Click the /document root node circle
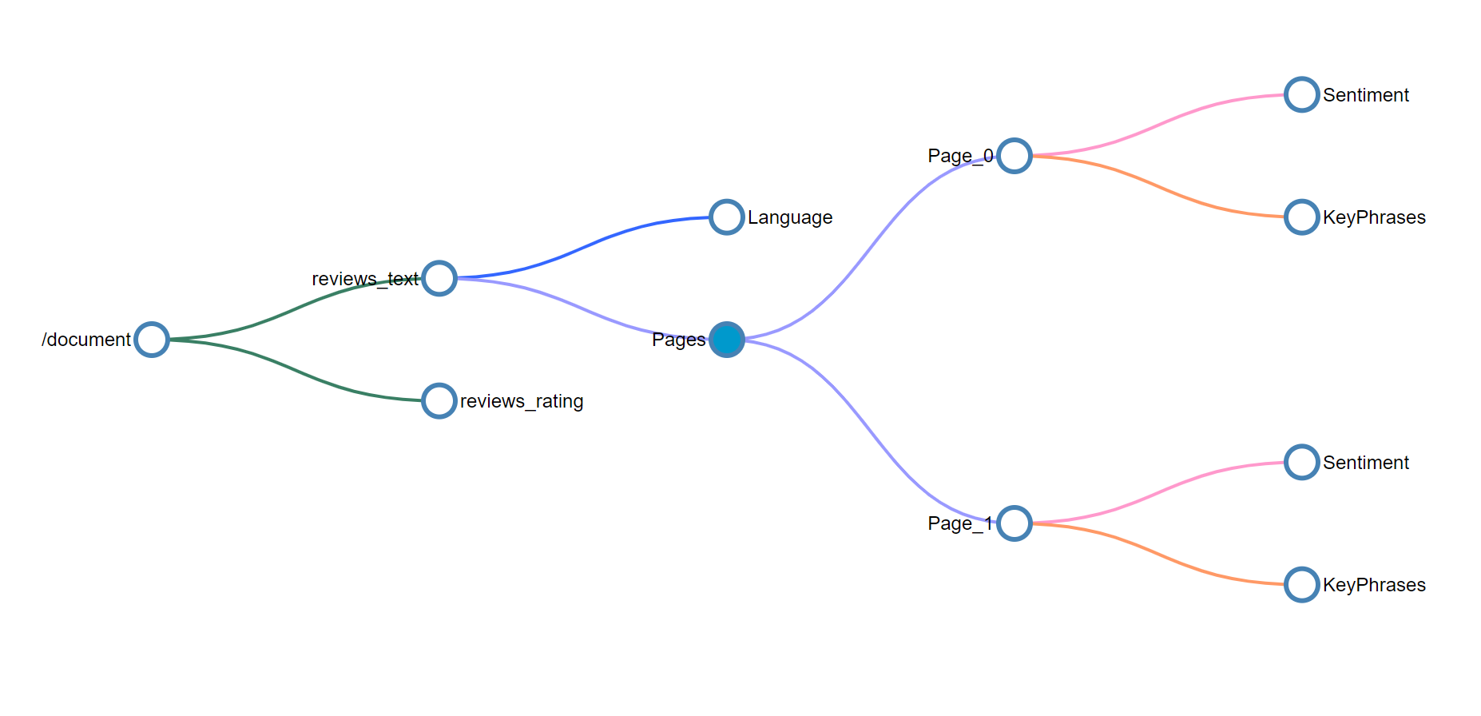pos(152,340)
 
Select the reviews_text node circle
pos(439,278)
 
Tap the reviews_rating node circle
pos(439,401)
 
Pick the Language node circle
pos(727,217)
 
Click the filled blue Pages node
pos(727,340)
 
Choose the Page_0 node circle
pos(1014,156)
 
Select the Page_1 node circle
pos(1014,523)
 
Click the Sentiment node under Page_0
pos(1302,95)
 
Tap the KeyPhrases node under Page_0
pos(1302,217)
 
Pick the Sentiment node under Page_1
pos(1302,463)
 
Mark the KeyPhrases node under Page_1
pos(1302,585)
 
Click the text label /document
pos(86,340)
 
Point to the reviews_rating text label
pos(522,401)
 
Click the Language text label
pos(790,217)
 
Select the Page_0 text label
pos(960,156)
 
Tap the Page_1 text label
pos(960,523)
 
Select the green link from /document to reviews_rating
pos(296,371)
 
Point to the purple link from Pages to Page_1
pos(871,432)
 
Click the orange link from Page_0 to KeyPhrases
pos(1158,187)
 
